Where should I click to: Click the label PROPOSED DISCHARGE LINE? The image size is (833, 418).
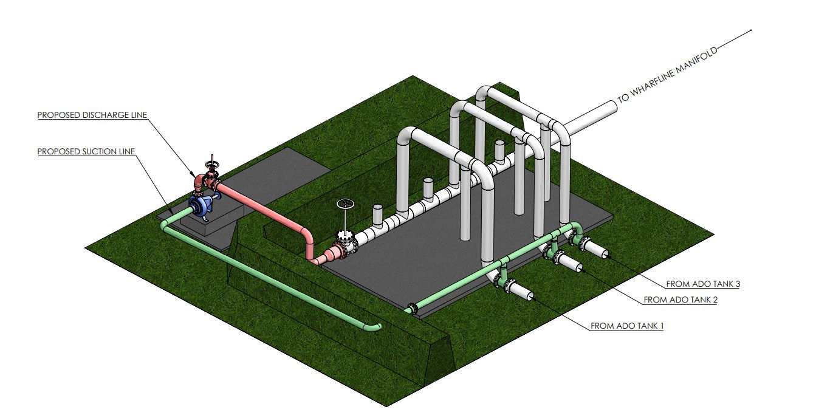92,115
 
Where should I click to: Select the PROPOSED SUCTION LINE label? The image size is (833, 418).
86,151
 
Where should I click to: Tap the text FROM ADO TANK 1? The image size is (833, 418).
627,326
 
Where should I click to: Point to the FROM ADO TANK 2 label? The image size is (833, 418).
680,300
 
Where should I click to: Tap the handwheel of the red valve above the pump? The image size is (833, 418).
211,165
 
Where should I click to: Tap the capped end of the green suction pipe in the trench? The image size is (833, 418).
377,327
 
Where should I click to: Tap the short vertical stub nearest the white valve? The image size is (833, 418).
377,214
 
